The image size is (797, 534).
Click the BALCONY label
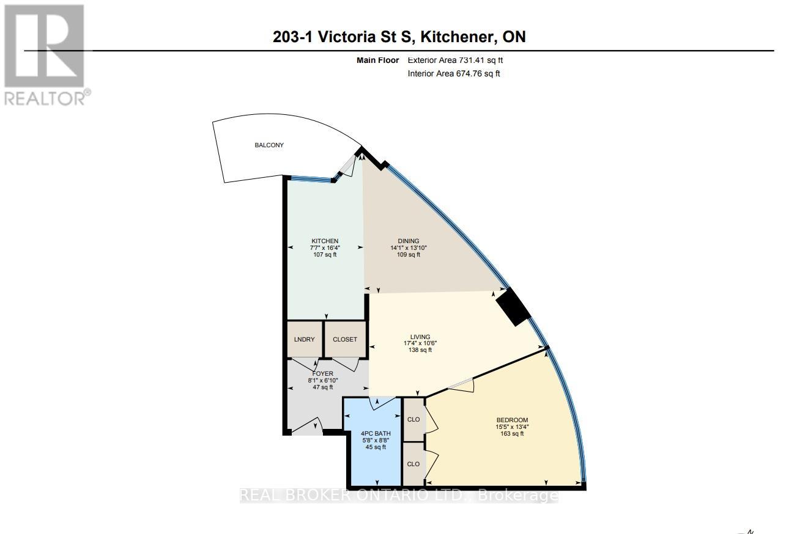point(269,145)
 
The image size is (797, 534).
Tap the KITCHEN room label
point(325,241)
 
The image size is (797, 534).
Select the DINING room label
point(409,241)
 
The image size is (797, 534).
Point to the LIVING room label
point(420,337)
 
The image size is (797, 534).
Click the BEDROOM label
point(512,420)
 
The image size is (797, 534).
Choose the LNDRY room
point(305,339)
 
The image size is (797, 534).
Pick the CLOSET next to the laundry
point(345,339)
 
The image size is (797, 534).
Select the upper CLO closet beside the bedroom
point(413,420)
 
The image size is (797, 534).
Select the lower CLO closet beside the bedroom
point(413,464)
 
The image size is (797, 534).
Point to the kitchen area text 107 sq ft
point(325,255)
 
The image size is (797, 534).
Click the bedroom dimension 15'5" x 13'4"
point(512,426)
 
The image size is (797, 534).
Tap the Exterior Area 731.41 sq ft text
point(455,60)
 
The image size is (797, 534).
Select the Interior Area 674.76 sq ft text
point(454,74)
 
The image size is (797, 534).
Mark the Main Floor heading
point(377,60)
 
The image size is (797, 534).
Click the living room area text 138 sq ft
point(420,350)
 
